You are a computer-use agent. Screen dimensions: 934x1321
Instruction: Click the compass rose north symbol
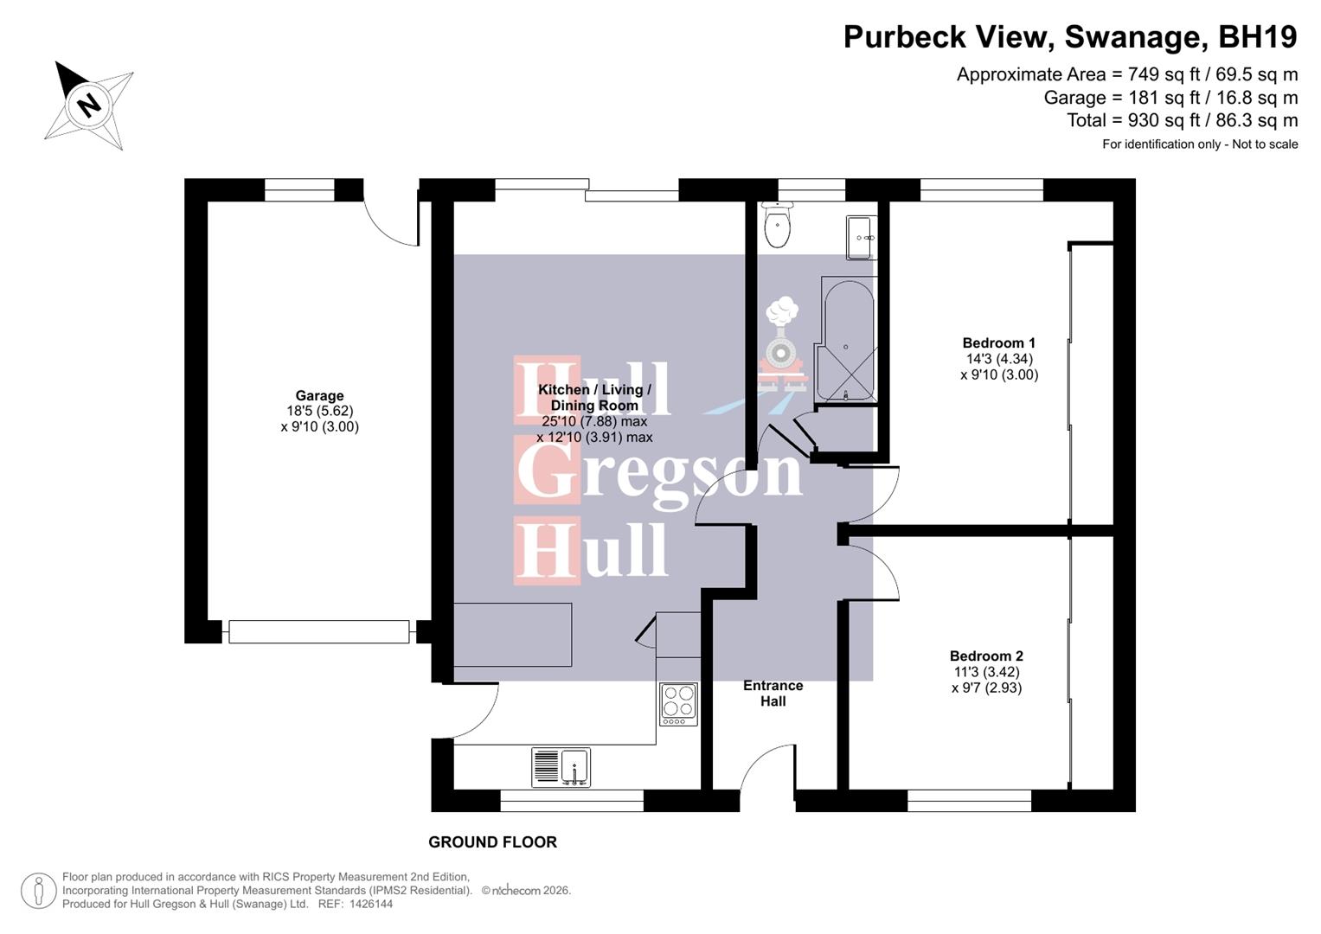click(x=89, y=106)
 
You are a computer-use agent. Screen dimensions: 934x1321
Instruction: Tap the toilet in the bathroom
click(x=778, y=227)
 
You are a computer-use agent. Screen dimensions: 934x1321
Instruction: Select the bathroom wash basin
click(x=861, y=236)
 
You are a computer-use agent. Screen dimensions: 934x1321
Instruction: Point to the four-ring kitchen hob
click(x=678, y=703)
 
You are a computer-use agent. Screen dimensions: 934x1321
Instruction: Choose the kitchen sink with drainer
click(x=561, y=767)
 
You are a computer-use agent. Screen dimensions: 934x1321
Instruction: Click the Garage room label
click(x=319, y=396)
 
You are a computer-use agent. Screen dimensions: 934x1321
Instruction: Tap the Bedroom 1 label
click(x=999, y=343)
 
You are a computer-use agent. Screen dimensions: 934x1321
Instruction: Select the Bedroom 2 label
click(x=986, y=656)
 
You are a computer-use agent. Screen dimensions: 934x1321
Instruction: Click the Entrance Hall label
click(x=773, y=694)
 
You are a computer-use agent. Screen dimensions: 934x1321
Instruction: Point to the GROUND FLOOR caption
click(x=492, y=842)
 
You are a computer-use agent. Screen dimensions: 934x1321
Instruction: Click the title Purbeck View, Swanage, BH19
click(x=1070, y=37)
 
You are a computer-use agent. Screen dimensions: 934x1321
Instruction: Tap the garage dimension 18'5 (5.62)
click(x=319, y=412)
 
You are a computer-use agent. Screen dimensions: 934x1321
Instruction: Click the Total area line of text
click(x=1182, y=120)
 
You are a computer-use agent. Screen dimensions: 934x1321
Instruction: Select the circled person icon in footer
click(x=39, y=891)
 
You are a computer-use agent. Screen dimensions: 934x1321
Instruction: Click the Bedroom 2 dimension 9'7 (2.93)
click(x=986, y=688)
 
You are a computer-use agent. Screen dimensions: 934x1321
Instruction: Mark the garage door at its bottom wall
click(x=319, y=632)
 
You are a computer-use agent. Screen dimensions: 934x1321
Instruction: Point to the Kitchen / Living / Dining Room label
click(x=594, y=398)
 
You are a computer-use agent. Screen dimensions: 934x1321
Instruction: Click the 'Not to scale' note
click(x=1265, y=144)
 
